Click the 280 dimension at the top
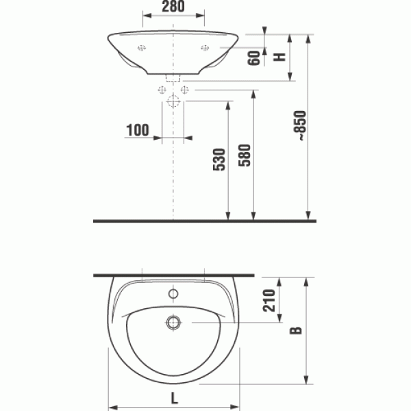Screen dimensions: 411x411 pos(174,8)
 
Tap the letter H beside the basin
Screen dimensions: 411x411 pos(279,58)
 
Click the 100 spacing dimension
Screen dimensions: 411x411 pos(138,129)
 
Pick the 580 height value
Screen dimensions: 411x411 pos(246,160)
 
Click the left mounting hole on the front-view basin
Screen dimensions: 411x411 pos(142,47)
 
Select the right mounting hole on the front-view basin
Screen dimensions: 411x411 pos(205,47)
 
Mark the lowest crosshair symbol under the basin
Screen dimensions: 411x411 pos(173,102)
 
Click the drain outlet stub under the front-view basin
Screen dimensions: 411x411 pos(173,77)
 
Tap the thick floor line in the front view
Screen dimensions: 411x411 pos(206,221)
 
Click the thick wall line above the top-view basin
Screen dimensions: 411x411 pos(174,275)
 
